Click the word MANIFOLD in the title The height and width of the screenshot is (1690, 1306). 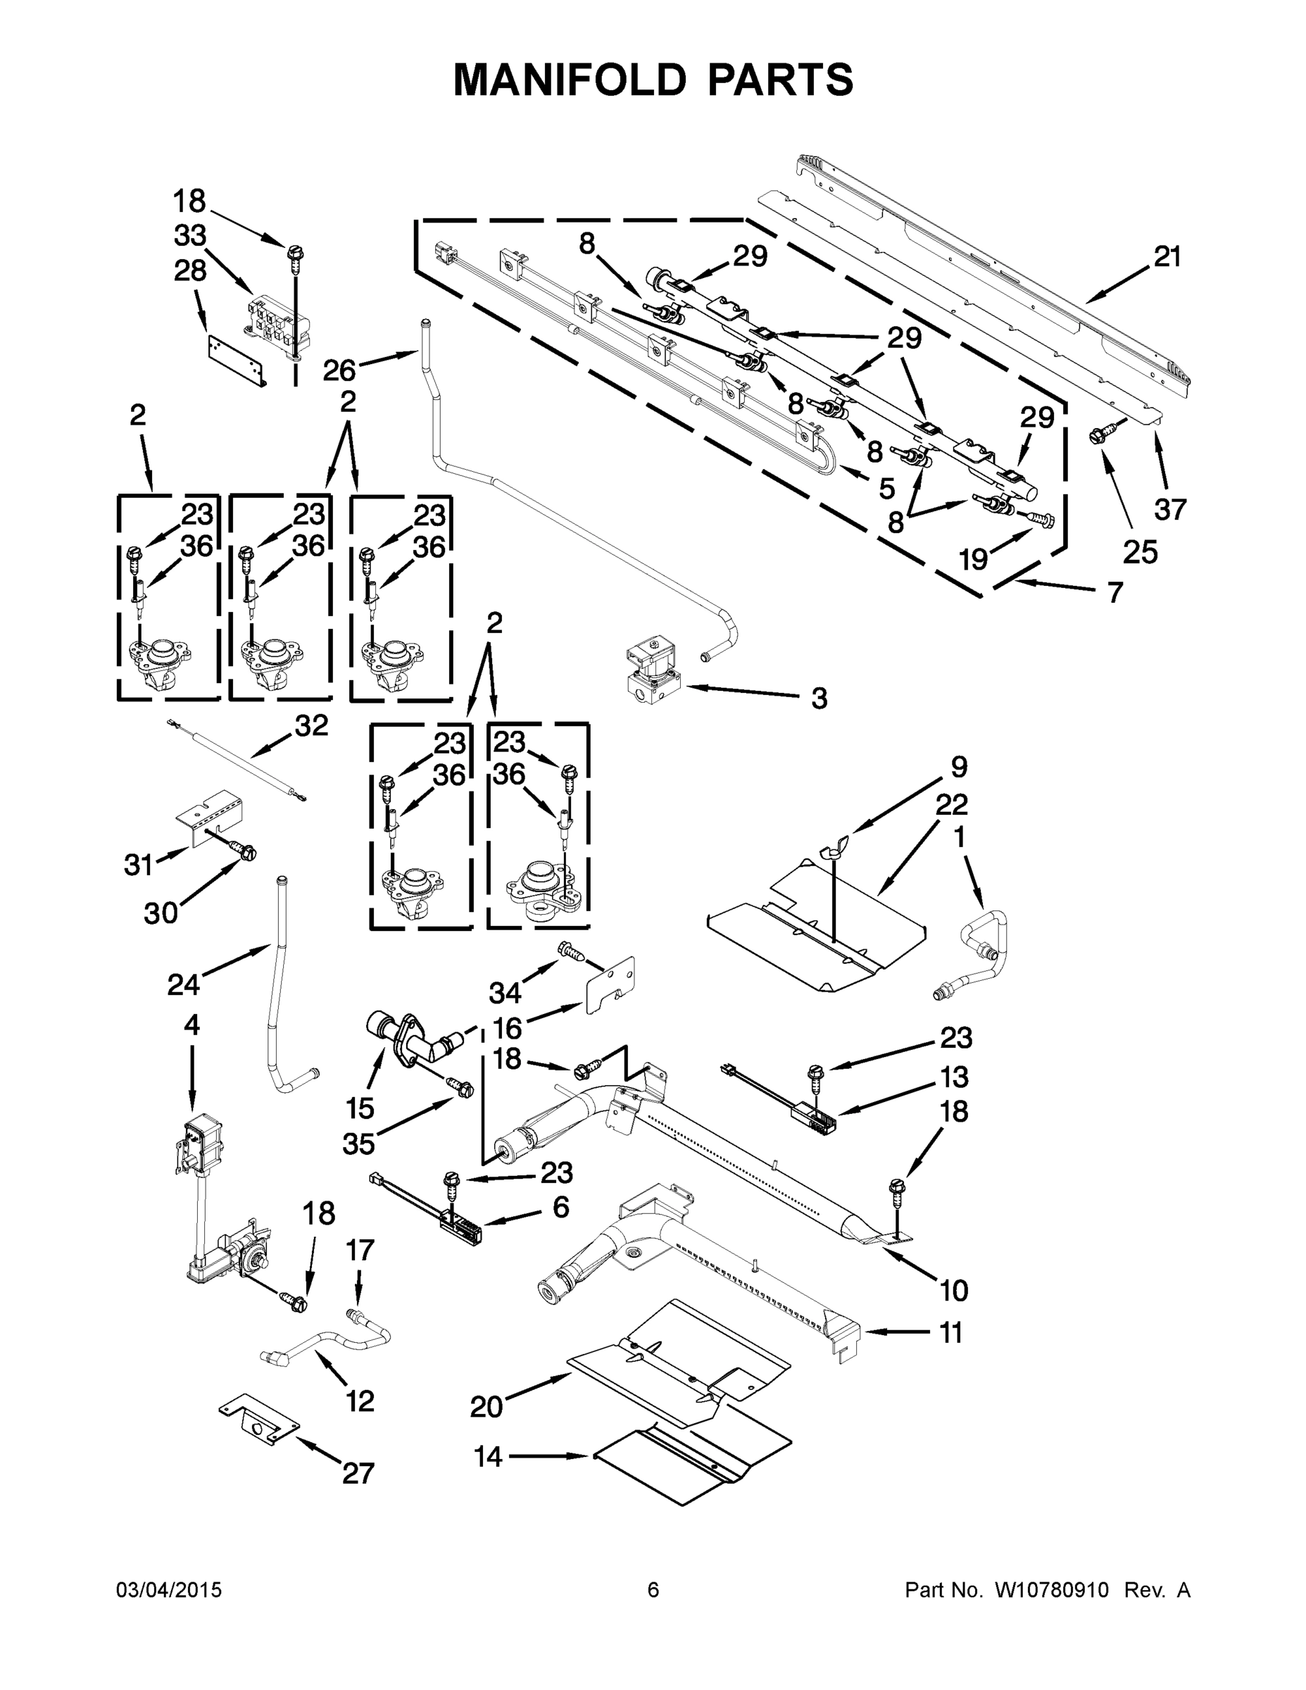(x=569, y=80)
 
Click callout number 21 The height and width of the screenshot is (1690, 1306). (x=1167, y=257)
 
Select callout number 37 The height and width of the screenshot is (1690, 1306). (x=1170, y=509)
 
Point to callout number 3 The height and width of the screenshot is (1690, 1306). (x=819, y=699)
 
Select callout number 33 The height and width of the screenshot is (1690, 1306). (x=189, y=235)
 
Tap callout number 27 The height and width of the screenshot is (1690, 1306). (x=358, y=1473)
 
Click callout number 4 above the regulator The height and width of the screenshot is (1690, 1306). (x=192, y=1025)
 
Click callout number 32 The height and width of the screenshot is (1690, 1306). (x=311, y=725)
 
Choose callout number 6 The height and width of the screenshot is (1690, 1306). (x=560, y=1207)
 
